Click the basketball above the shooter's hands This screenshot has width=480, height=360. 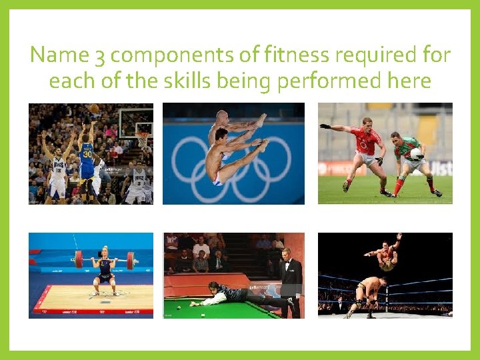(95, 109)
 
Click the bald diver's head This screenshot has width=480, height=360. (220, 118)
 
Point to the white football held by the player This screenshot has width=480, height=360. (416, 154)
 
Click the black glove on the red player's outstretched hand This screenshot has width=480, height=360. (325, 126)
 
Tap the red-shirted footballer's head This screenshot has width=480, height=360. (365, 125)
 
